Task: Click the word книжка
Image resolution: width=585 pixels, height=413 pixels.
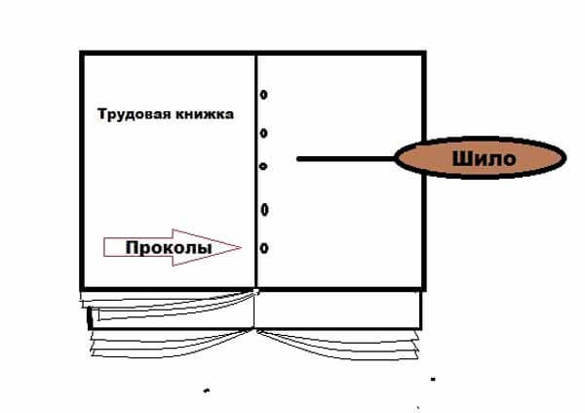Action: pyautogui.click(x=205, y=114)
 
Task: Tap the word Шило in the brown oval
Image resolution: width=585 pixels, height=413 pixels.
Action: pyautogui.click(x=485, y=158)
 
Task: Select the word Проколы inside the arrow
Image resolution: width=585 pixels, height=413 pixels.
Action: pyautogui.click(x=169, y=247)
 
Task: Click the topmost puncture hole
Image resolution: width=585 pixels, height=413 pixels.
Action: pyautogui.click(x=264, y=95)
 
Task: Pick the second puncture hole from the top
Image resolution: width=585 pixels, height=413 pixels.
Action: pyautogui.click(x=264, y=133)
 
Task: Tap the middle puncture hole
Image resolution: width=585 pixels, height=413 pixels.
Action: pyautogui.click(x=263, y=166)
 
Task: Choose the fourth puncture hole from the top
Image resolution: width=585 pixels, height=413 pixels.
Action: pyautogui.click(x=264, y=210)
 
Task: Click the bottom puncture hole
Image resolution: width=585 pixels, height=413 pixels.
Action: pyautogui.click(x=264, y=248)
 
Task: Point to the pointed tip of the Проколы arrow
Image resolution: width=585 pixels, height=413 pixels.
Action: pyautogui.click(x=241, y=247)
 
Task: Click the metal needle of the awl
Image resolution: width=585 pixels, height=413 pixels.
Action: pyautogui.click(x=346, y=159)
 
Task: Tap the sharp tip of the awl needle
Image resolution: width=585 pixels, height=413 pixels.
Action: pyautogui.click(x=297, y=159)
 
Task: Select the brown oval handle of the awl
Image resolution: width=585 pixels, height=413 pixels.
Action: pyautogui.click(x=481, y=158)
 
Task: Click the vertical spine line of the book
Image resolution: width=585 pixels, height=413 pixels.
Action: pyautogui.click(x=256, y=171)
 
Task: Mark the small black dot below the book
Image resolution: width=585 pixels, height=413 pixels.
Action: pyautogui.click(x=433, y=379)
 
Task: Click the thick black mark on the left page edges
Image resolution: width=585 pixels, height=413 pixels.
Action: pyautogui.click(x=89, y=317)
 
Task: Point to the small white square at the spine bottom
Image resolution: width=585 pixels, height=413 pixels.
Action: pyautogui.click(x=255, y=291)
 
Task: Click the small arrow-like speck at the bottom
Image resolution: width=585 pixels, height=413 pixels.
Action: pyautogui.click(x=207, y=391)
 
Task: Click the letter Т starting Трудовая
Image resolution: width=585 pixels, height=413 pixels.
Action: pyautogui.click(x=101, y=113)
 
